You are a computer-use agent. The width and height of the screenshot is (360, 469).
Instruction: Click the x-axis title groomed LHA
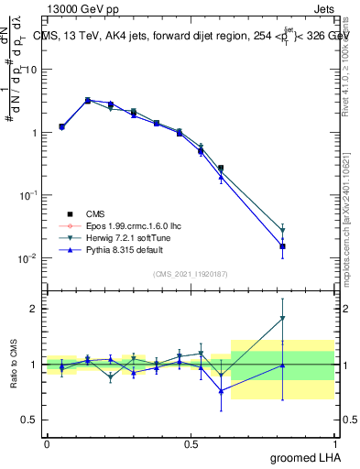(x=303, y=457)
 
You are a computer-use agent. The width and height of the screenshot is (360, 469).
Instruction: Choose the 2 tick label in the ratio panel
(x=34, y=309)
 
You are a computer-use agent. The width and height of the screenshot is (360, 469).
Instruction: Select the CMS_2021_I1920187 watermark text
(x=190, y=274)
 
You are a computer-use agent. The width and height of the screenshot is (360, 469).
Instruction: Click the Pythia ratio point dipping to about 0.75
(x=221, y=391)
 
